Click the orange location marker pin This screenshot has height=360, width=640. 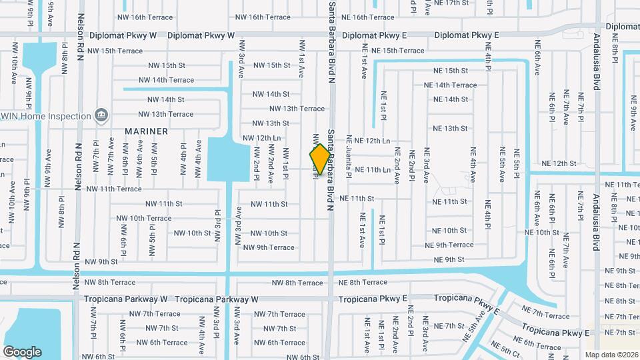[x=320, y=159]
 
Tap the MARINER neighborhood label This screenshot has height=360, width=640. [x=146, y=131]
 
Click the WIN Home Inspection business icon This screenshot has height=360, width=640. [x=101, y=115]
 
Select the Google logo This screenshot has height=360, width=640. [x=22, y=351]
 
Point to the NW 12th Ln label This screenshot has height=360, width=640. [x=261, y=138]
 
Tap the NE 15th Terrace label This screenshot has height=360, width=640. [x=397, y=51]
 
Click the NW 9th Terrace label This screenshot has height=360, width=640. [x=269, y=248]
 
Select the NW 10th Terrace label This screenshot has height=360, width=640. [x=143, y=218]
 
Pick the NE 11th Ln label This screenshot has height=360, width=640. [x=373, y=170]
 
